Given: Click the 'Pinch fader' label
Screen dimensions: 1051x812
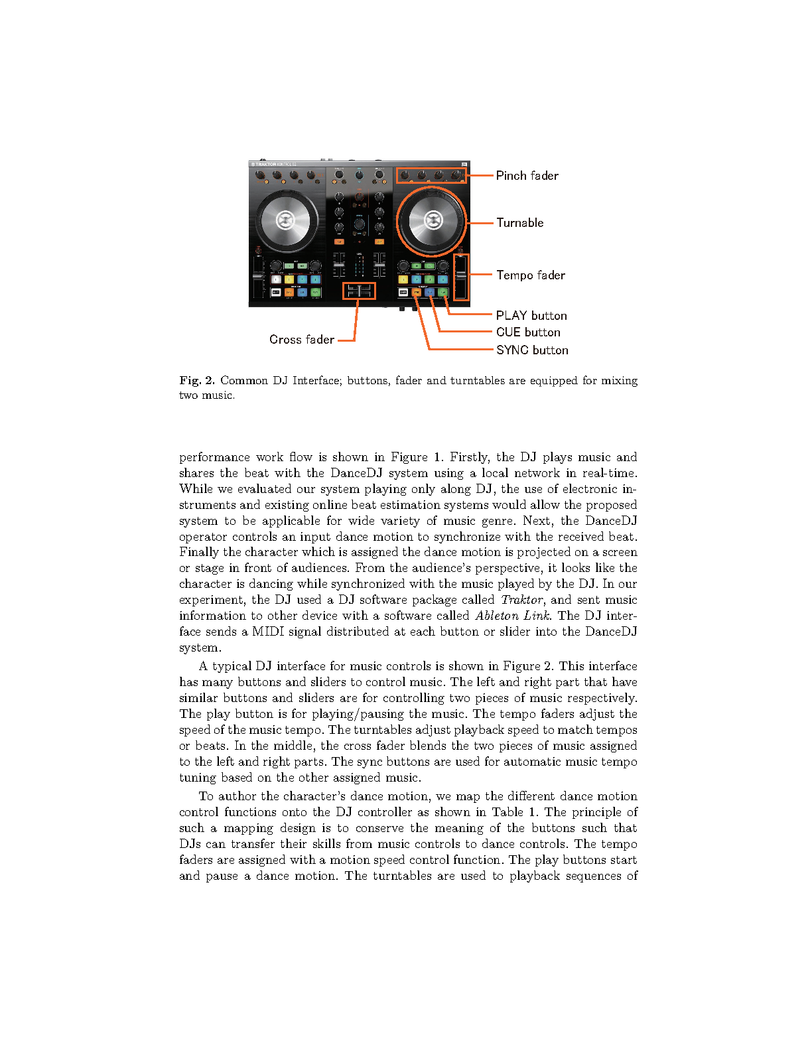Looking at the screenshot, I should (x=527, y=176).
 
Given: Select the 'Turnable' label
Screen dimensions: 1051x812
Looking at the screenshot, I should (x=519, y=223).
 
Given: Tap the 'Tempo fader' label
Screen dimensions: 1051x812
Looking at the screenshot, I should (x=530, y=275).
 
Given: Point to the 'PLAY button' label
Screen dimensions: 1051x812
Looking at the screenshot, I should (x=531, y=316).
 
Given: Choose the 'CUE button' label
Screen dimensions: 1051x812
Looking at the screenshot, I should (x=527, y=332).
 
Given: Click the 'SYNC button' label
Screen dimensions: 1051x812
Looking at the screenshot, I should (x=531, y=350).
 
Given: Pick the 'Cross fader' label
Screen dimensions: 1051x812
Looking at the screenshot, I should (x=302, y=340).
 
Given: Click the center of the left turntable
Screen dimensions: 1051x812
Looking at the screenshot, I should (x=285, y=220).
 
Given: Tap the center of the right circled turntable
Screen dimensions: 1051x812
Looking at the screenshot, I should (x=433, y=220).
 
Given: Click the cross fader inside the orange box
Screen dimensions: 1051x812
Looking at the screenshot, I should (x=359, y=291).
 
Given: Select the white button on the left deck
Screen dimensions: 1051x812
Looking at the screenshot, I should (x=276, y=292).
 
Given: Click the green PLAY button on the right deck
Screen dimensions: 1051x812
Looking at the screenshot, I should (x=442, y=292).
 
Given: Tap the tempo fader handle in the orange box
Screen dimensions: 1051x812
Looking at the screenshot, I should (x=460, y=275).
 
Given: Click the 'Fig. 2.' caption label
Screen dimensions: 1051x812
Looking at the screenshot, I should (x=197, y=381).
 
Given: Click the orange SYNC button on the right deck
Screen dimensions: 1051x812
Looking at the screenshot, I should (x=417, y=292).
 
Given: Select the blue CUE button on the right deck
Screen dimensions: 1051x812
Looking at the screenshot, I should (x=429, y=292).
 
